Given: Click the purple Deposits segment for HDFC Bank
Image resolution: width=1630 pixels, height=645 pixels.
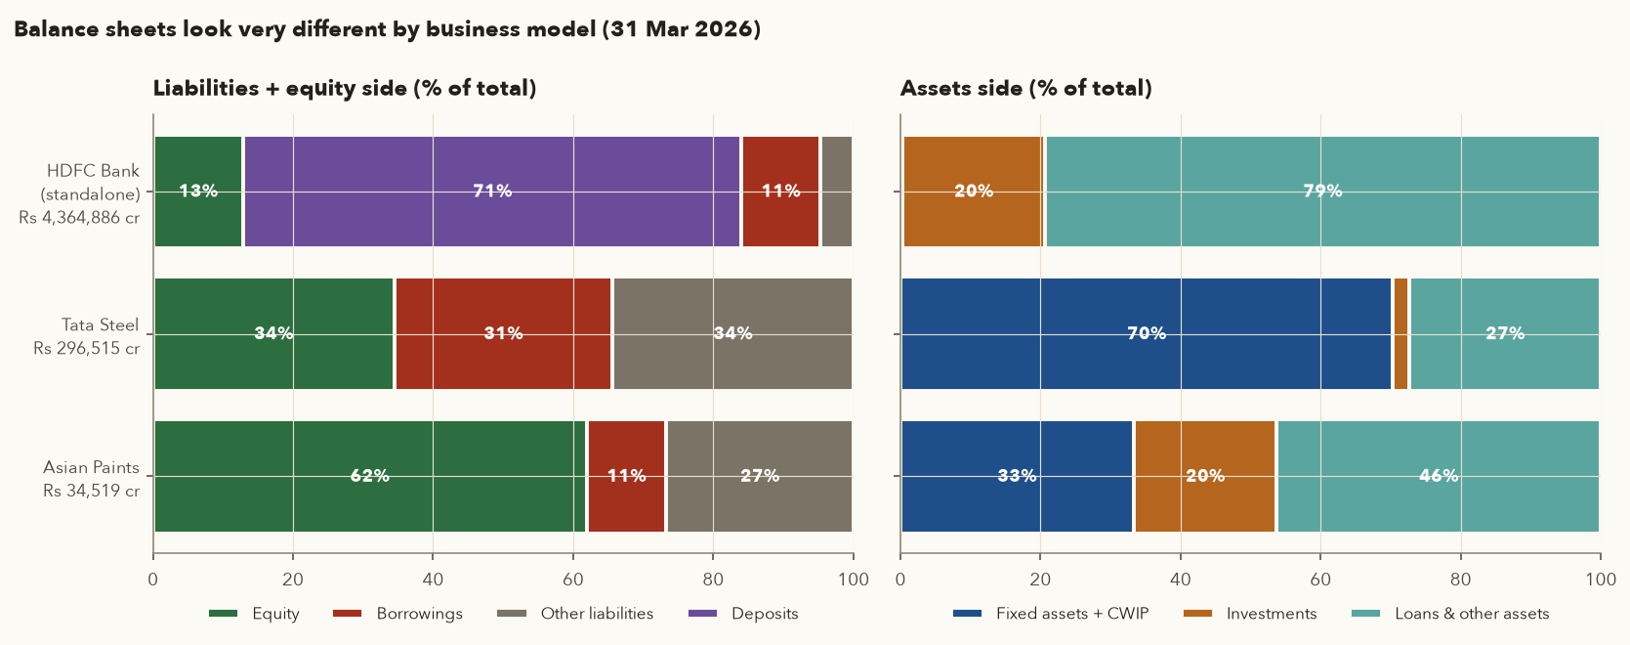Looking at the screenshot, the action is tap(492, 192).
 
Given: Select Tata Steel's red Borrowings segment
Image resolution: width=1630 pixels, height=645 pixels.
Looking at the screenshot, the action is tap(504, 333).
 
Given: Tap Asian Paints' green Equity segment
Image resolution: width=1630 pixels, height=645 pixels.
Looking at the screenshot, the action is tap(370, 476).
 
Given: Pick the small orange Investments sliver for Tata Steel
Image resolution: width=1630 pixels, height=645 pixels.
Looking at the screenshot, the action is tap(1400, 333).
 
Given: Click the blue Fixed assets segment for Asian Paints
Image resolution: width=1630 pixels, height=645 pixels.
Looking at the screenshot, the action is tap(1017, 476).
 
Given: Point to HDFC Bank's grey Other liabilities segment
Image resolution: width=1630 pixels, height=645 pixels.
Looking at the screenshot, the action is tap(837, 192).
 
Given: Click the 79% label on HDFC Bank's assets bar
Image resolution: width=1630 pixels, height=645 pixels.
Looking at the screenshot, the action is tap(1323, 191).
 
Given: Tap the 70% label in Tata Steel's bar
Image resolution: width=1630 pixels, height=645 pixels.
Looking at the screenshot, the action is tap(1147, 333).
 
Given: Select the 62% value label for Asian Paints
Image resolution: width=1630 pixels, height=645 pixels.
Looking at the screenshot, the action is tap(370, 476).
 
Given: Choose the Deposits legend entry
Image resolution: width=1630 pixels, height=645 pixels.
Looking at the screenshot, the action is tap(743, 614).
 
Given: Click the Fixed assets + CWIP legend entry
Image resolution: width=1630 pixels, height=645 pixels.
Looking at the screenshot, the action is tap(1051, 614).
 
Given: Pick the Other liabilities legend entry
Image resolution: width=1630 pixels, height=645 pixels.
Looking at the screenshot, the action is tap(575, 614).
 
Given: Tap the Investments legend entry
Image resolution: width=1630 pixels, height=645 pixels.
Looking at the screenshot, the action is tap(1250, 614).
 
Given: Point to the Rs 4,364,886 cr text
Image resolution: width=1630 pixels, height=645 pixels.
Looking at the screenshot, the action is tap(79, 218).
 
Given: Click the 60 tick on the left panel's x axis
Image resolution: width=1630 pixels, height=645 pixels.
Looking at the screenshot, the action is tap(573, 580).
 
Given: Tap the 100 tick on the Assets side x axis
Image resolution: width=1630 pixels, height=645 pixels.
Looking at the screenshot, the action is tap(1600, 580).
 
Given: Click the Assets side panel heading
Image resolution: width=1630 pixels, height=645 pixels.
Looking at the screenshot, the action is tap(1026, 88).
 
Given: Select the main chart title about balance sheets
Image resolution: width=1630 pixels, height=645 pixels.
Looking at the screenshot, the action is tap(387, 29).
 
